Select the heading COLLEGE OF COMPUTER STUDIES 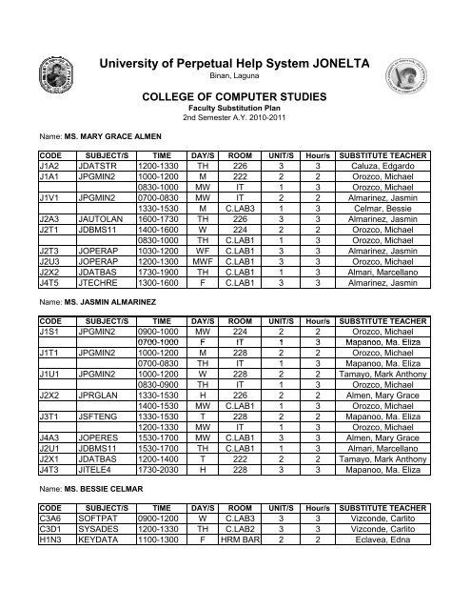pyautogui.click(x=235, y=98)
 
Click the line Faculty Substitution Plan pyautogui.click(x=235, y=111)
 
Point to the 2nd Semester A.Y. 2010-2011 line pyautogui.click(x=235, y=120)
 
